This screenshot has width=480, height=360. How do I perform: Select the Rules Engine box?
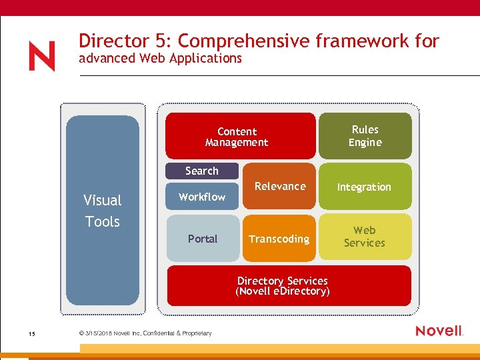(x=365, y=136)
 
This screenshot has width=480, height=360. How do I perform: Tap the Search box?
(x=201, y=171)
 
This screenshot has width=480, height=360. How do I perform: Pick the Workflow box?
(x=202, y=197)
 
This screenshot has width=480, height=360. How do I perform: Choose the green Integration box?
(x=365, y=187)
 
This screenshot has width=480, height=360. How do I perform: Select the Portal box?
(x=202, y=239)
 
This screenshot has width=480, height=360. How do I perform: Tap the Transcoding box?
(x=279, y=239)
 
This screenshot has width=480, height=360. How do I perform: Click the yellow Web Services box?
(x=365, y=237)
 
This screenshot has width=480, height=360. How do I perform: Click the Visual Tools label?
(x=102, y=211)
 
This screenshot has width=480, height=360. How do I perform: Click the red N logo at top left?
(x=42, y=57)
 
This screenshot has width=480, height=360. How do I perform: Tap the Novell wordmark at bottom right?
(x=439, y=331)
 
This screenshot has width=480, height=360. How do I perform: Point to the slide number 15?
(x=32, y=333)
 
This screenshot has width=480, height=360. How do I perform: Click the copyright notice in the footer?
(x=145, y=333)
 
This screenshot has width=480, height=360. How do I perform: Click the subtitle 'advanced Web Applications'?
(x=160, y=59)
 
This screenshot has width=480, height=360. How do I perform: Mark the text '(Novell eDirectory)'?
(x=283, y=292)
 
